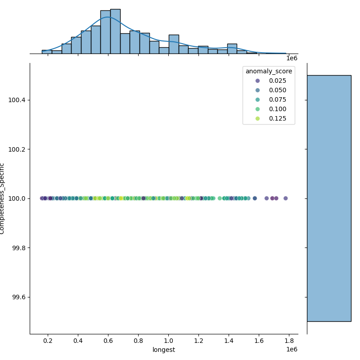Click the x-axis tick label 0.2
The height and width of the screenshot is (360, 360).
pyautogui.click(x=48, y=341)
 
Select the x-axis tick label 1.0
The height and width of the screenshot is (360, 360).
pyautogui.click(x=168, y=341)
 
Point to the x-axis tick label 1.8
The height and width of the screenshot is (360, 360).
pyautogui.click(x=289, y=341)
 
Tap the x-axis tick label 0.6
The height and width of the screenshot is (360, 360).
pyautogui.click(x=108, y=341)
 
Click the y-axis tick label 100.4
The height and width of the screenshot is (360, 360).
pyautogui.click(x=17, y=100)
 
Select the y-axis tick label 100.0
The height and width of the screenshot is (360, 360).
pyautogui.click(x=17, y=198)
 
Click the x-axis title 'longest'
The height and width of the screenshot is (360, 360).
pyautogui.click(x=164, y=350)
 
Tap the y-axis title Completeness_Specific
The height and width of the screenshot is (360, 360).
pyautogui.click(x=2, y=198)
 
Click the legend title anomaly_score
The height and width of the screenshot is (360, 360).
pyautogui.click(x=269, y=71)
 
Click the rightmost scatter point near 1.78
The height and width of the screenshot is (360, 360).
pyautogui.click(x=285, y=198)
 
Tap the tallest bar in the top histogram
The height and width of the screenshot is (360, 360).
pyautogui.click(x=115, y=31)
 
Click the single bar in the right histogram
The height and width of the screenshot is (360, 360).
pyautogui.click(x=329, y=198)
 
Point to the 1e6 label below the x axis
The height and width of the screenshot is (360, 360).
pyautogui.click(x=292, y=350)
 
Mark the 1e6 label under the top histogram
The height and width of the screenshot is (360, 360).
pyautogui.click(x=292, y=58)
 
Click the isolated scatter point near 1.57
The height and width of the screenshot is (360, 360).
pyautogui.click(x=255, y=198)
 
